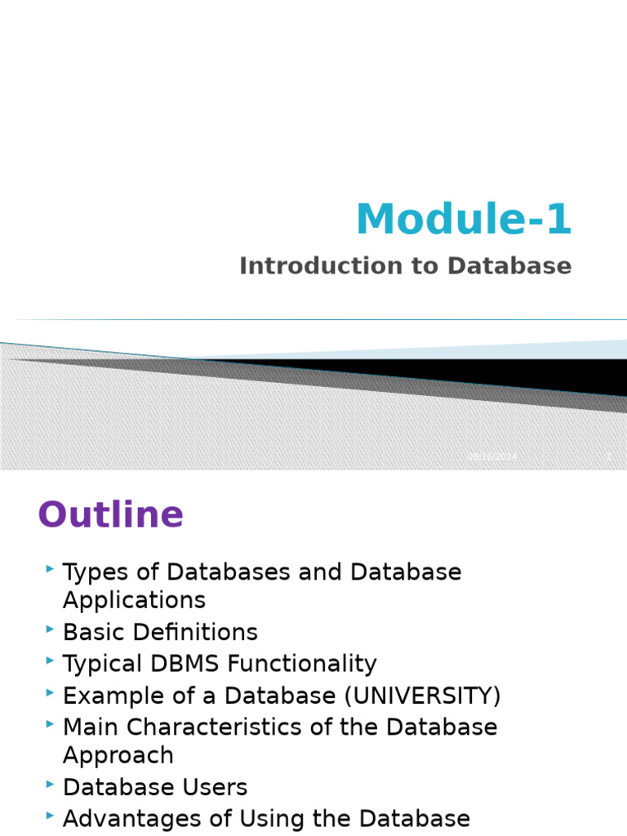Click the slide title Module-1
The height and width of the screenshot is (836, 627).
coord(464,219)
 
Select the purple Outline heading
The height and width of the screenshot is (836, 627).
coord(111,515)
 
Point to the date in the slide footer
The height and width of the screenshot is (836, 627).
coord(492,456)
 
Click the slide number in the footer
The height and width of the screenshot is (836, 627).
coord(608,456)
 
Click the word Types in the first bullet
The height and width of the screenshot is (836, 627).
coord(90,572)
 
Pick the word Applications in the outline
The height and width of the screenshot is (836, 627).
coord(134,601)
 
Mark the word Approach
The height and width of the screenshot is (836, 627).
coord(118,755)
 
